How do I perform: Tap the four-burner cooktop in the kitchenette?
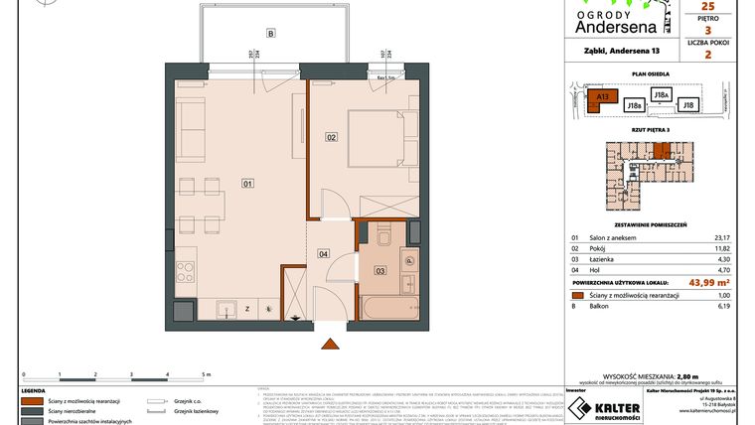tap(185, 270)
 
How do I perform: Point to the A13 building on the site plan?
tap(601, 97)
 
